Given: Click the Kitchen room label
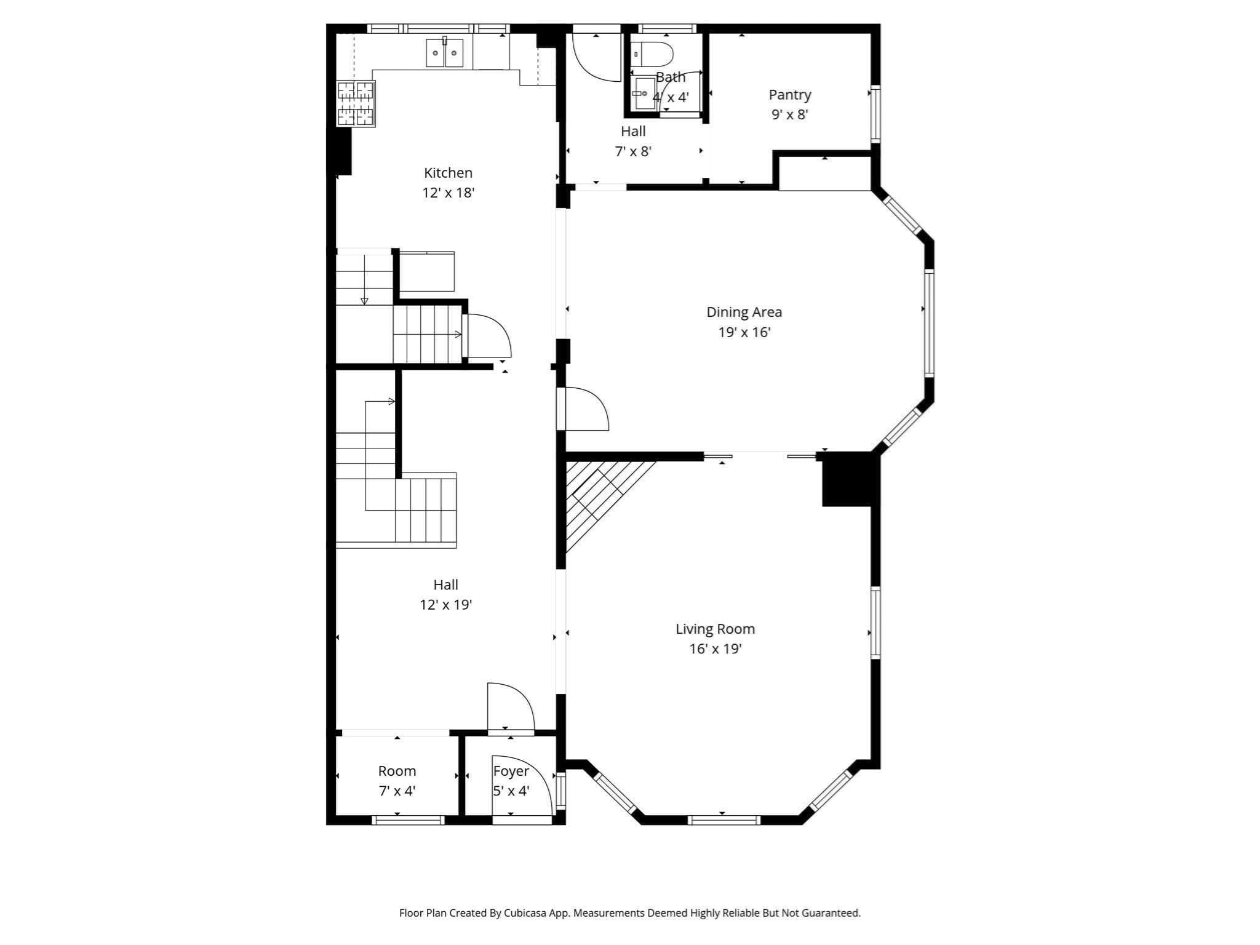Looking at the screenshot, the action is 448,173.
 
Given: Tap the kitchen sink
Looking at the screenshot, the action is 444,52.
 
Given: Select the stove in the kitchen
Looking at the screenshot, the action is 356,103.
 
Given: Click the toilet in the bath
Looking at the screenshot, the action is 652,54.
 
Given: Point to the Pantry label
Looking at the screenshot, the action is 790,95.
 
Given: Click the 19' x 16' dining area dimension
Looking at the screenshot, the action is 744,332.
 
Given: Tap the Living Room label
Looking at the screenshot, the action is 715,629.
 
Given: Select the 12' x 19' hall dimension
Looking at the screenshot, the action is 445,605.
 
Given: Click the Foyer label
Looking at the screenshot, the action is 511,771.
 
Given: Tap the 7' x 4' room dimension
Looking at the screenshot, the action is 397,791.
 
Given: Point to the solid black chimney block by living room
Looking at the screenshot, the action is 847,479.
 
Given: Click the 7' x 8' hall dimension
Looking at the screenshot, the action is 633,151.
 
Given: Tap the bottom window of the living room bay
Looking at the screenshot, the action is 724,819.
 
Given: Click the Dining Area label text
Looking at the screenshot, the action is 744,312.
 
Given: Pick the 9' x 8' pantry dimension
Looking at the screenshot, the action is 789,114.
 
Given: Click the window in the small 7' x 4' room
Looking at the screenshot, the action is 409,819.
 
